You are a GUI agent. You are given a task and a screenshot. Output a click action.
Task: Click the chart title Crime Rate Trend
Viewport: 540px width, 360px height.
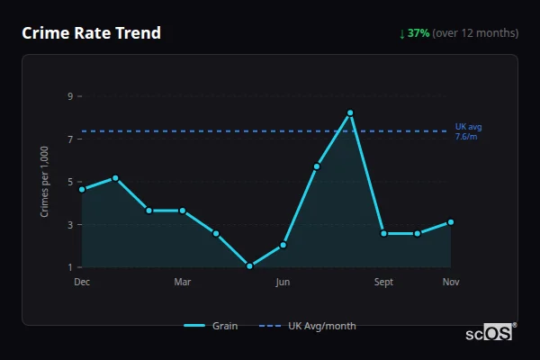point(91,33)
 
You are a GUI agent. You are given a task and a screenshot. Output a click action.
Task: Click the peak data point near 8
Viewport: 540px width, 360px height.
point(350,112)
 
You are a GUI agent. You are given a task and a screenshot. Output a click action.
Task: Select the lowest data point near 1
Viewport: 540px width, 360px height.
point(249,266)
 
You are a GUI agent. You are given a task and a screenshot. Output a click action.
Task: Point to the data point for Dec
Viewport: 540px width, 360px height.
point(82,189)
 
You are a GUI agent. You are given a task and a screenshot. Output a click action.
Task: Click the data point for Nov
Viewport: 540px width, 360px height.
point(451,221)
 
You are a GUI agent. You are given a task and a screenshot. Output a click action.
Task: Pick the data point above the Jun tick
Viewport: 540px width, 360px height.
point(283,245)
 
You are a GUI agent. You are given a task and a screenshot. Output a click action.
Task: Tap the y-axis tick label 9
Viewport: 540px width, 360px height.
point(70,95)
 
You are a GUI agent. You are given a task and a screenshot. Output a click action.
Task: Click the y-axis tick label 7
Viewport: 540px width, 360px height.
point(70,139)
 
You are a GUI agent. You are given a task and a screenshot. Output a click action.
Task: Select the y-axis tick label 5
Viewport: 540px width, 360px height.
point(70,181)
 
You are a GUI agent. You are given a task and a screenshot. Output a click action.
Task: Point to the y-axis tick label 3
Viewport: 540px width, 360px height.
point(70,224)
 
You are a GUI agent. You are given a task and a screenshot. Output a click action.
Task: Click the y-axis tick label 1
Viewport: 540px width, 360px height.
point(70,267)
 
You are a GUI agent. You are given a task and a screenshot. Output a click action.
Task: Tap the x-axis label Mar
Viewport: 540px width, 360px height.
point(183,283)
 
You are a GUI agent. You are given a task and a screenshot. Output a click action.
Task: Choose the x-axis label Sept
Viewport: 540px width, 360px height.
point(384,283)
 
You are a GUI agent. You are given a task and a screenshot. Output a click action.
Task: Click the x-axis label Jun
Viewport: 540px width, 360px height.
point(283,283)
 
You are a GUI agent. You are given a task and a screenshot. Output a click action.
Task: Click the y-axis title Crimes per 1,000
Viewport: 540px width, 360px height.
point(45,181)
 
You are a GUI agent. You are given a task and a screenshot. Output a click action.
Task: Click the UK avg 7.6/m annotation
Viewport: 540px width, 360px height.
point(468,131)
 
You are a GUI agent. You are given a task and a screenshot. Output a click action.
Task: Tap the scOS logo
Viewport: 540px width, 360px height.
point(490,333)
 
